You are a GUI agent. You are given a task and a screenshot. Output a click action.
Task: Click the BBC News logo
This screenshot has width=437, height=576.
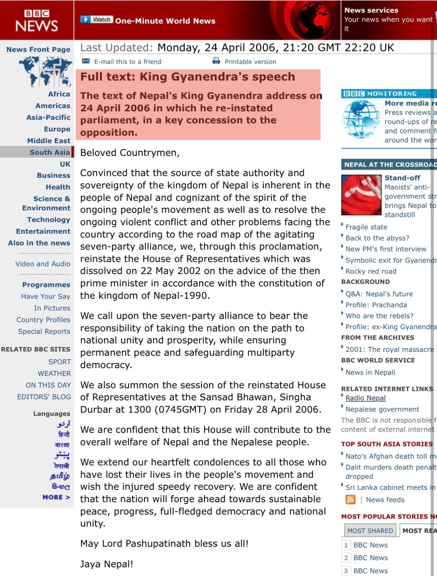coord(37,20)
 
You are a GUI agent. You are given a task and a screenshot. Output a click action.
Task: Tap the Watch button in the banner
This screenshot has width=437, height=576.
coord(97,20)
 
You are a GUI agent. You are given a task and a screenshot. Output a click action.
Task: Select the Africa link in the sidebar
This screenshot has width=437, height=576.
coord(59,94)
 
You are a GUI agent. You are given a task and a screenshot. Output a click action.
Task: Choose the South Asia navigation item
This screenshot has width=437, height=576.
coord(50,152)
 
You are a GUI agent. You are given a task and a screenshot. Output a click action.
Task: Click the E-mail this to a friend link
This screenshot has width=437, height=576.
coord(127,62)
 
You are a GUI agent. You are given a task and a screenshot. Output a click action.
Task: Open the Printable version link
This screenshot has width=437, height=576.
coord(250,62)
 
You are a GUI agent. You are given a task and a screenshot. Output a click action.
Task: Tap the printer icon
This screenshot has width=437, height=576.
coord(216,61)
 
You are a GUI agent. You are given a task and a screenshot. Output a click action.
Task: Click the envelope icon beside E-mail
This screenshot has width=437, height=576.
coord(86,61)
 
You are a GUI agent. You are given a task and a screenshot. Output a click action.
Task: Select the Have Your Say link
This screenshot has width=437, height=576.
coord(45,297)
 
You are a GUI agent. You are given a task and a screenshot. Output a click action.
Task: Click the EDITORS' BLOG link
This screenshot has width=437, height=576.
coord(44,397)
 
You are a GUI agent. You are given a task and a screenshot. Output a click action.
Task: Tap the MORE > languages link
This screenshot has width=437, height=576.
coord(56,497)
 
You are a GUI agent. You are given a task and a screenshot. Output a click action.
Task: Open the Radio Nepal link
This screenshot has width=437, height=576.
coord(365,398)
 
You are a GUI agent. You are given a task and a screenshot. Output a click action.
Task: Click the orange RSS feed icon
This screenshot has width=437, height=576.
coord(350,500)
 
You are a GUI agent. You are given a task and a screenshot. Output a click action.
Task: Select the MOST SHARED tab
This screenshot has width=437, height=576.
coord(370,531)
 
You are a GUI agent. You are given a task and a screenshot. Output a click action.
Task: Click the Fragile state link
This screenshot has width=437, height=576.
coord(366,227)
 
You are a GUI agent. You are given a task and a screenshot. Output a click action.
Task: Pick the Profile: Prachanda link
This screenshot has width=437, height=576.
coord(376,305)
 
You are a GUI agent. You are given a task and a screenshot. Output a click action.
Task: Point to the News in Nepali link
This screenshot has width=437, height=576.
coord(370,373)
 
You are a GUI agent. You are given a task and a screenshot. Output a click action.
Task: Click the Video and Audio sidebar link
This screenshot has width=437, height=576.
coord(43,264)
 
